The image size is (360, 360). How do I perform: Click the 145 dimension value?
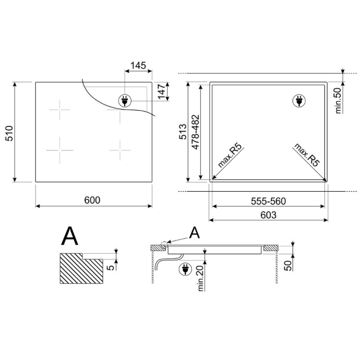(x=138, y=65)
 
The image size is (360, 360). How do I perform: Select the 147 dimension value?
(x=162, y=92)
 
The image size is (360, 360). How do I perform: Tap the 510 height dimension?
(x=9, y=133)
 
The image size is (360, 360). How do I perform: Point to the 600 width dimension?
(x=92, y=200)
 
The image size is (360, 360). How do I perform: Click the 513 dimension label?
(x=183, y=131)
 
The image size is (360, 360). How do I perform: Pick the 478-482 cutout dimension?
(x=195, y=132)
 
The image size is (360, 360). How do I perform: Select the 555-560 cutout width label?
(x=268, y=201)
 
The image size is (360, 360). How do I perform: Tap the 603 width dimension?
(x=268, y=215)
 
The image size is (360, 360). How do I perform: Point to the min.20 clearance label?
(x=201, y=278)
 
